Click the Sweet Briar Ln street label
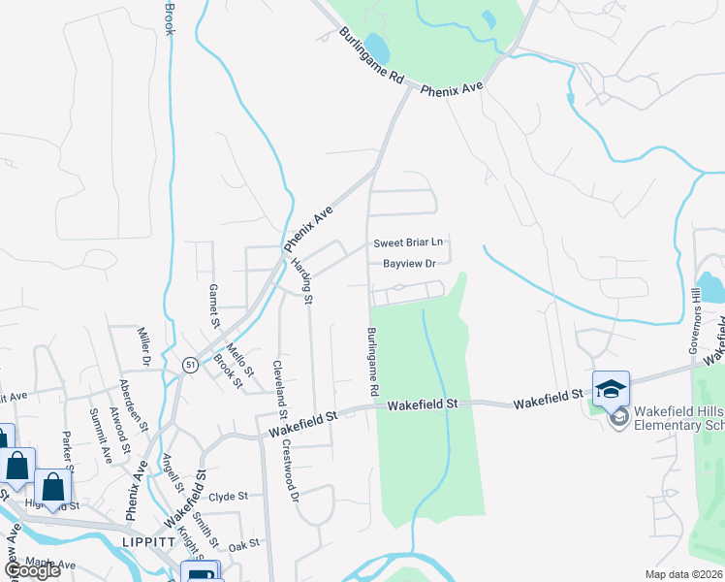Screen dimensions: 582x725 coord(408,243)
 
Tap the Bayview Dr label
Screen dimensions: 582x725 coord(410,263)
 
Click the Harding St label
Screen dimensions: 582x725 coord(301,281)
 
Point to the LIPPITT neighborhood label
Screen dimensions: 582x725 coord(148,543)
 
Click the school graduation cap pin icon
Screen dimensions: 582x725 coord(611,389)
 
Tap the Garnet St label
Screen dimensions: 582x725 coord(215,307)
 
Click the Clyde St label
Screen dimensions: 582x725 coord(229,496)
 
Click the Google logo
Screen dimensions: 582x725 coord(32,570)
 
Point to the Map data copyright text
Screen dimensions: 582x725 coord(684,574)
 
